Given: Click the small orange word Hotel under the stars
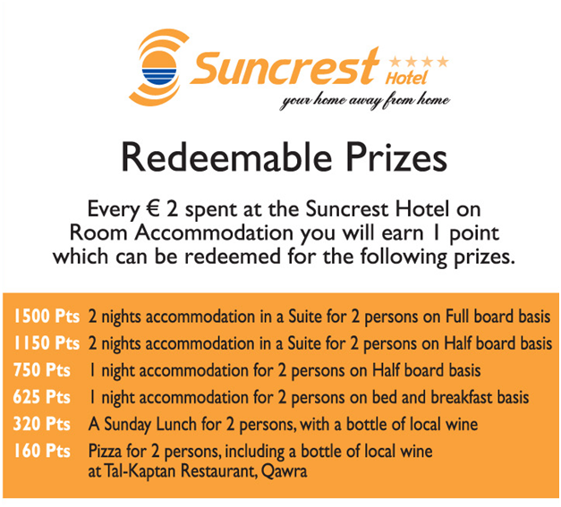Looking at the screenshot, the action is pyautogui.click(x=406, y=78).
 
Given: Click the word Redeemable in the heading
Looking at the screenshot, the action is pyautogui.click(x=226, y=157).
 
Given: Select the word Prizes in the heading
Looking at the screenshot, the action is pyautogui.click(x=396, y=157).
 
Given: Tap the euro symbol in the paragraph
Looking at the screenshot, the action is pyautogui.click(x=153, y=208).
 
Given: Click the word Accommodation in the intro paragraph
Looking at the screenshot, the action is pyautogui.click(x=214, y=233).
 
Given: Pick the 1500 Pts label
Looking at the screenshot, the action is pyautogui.click(x=47, y=317).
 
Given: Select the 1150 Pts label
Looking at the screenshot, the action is pyautogui.click(x=47, y=343).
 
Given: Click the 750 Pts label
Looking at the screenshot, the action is pyautogui.click(x=41, y=370).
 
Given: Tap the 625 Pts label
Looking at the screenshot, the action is pyautogui.click(x=41, y=397).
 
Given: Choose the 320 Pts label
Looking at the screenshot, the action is pyautogui.click(x=41, y=424).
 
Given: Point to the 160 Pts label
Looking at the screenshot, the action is pyautogui.click(x=41, y=451).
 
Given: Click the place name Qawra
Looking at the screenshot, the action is pyautogui.click(x=284, y=471).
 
